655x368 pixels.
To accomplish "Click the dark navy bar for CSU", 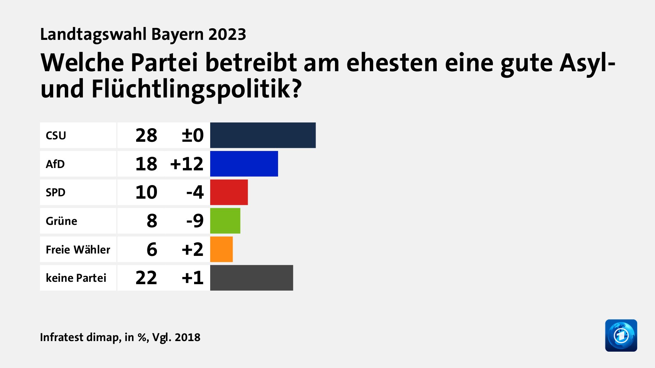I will coord(263,135).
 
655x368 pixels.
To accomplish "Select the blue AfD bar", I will coord(244,164).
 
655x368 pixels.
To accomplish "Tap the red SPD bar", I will coord(229,192).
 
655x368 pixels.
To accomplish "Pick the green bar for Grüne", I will coord(225,221).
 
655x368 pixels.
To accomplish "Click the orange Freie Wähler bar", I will coord(221,249).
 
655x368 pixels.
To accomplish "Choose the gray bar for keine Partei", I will coord(251,278).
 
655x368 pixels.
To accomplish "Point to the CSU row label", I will coord(56,136).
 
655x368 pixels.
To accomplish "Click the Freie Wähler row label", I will coord(78,249).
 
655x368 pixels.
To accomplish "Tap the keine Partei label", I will coord(76,278).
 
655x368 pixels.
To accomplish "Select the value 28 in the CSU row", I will coord(146,136).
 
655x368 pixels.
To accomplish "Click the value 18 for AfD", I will coord(146,164).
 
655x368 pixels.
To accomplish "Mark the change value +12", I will coord(187,164).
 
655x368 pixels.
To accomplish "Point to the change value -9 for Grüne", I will coord(195,221).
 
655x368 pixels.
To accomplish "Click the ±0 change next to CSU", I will coord(192,136).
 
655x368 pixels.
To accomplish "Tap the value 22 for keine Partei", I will coord(146,278).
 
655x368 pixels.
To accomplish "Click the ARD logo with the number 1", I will coord(621,335).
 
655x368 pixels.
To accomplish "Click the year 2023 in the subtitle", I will coord(227,34).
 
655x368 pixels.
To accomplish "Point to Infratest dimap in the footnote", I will coord(80,337).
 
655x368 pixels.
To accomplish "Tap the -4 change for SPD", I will coord(195,192).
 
